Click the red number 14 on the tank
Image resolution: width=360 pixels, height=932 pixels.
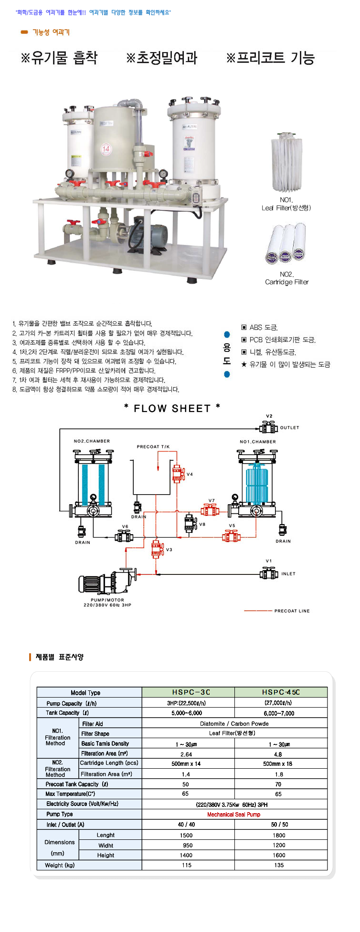click(106, 148)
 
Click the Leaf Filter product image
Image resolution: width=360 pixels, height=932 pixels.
click(286, 162)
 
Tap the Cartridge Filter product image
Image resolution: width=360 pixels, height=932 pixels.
click(286, 244)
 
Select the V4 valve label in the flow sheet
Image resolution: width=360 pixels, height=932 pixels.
click(190, 474)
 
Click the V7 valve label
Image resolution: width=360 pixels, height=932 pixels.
click(212, 500)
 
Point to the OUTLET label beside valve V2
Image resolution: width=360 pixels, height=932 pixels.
click(289, 427)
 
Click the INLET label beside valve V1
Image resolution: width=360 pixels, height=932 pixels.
click(288, 573)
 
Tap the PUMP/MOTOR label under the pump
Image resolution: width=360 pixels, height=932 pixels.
click(107, 600)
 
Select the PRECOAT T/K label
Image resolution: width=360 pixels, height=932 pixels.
click(153, 446)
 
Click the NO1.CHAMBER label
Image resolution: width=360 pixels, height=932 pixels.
click(258, 442)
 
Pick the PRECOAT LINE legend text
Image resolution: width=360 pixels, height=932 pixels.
click(292, 611)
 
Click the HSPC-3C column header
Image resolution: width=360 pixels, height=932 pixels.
click(191, 692)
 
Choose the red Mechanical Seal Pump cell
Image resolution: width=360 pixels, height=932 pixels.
click(233, 814)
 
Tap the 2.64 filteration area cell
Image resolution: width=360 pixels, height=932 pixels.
click(186, 754)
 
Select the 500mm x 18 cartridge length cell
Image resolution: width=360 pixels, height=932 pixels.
click(278, 763)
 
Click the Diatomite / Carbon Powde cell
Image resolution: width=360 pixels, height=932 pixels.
click(234, 723)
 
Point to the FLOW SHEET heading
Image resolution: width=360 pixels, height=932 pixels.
click(172, 408)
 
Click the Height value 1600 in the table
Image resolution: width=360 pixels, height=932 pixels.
click(279, 855)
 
